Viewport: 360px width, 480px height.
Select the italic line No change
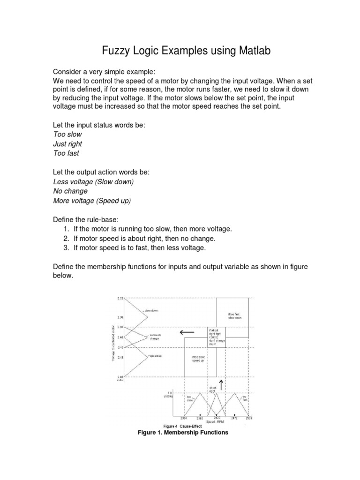tap(70, 191)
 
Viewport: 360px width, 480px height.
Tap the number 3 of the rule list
tap(65, 247)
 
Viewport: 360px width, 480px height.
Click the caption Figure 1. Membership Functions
tap(182, 433)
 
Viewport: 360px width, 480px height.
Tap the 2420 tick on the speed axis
tap(217, 418)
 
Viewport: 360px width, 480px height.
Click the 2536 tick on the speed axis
tap(248, 418)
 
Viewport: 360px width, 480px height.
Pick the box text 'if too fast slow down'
tap(234, 316)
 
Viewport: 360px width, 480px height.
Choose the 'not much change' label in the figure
tap(155, 336)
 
